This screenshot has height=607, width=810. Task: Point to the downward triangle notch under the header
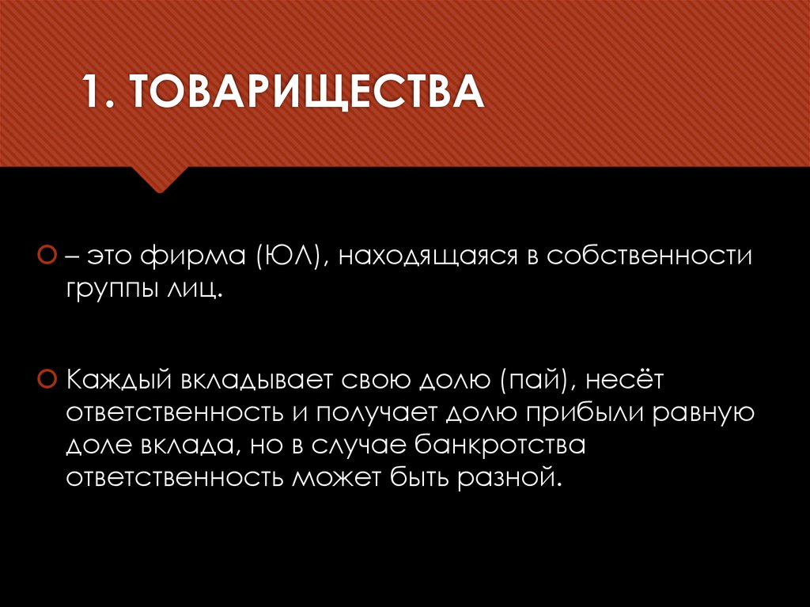point(159,180)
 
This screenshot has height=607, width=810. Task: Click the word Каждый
point(119,381)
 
